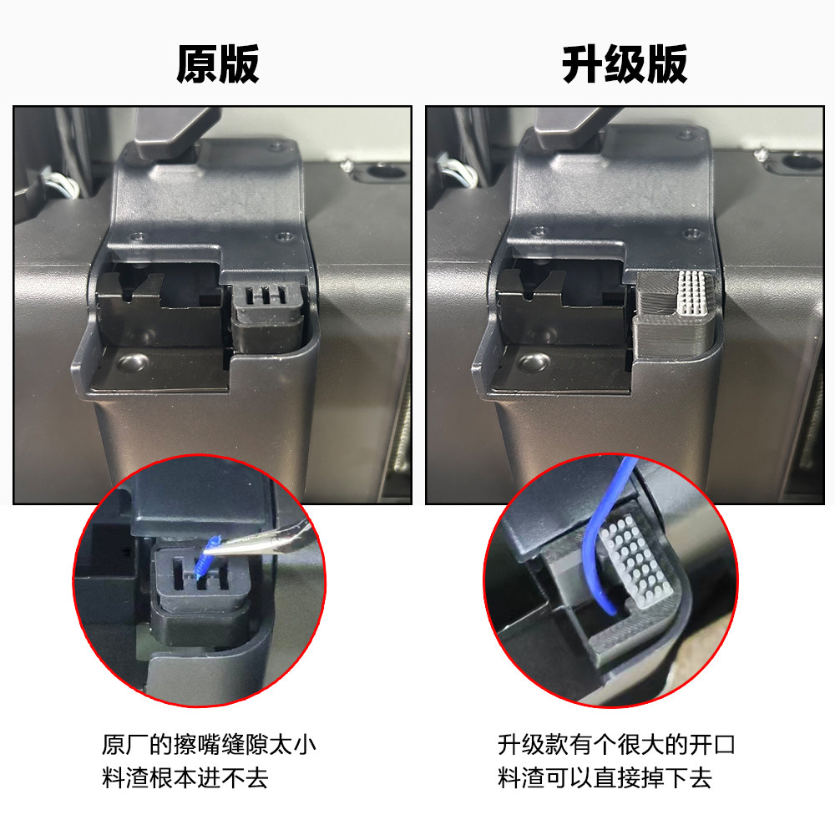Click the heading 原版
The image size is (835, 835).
pos(217,64)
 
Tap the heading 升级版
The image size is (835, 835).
pos(625,64)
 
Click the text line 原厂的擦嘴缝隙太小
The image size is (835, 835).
pos(209,744)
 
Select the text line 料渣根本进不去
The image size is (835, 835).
pos(185,778)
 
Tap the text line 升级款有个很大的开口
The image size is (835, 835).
pos(616,744)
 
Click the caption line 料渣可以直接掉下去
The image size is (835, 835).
pos(605,778)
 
